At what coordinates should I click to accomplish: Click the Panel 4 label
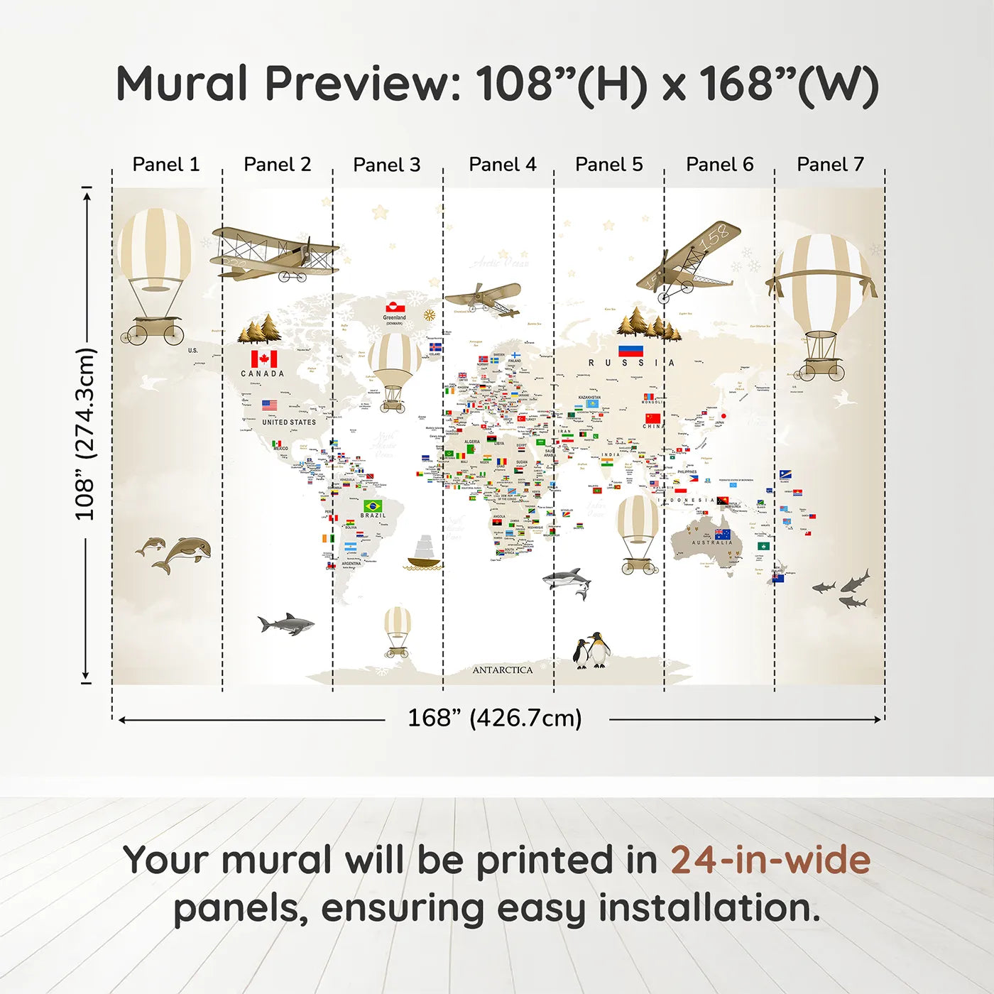(x=502, y=165)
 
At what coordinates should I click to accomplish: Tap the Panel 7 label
(x=830, y=165)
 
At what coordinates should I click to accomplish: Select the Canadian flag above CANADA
(x=263, y=359)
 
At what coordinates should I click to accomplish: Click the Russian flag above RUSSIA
(x=630, y=350)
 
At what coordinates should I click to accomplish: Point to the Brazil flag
(x=373, y=506)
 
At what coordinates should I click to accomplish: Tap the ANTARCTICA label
(x=502, y=670)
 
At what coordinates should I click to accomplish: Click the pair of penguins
(x=591, y=650)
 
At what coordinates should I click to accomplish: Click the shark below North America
(x=286, y=624)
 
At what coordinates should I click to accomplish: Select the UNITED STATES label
(x=288, y=422)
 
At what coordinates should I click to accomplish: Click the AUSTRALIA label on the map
(x=711, y=542)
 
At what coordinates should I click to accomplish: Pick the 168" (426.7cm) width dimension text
(x=494, y=718)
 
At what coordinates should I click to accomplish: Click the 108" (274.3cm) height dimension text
(x=84, y=434)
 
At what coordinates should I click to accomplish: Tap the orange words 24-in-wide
(x=770, y=860)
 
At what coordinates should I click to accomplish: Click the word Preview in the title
(x=363, y=84)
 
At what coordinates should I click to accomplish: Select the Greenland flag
(x=395, y=307)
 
